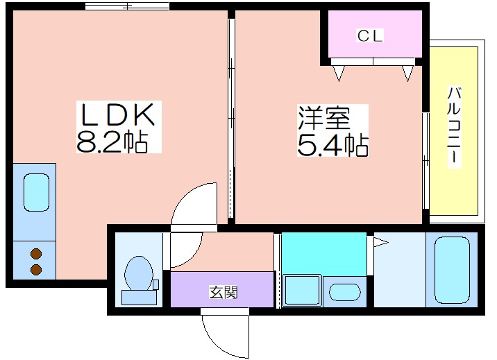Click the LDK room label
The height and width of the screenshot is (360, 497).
[x=118, y=114]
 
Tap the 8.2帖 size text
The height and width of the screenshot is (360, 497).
[x=112, y=142]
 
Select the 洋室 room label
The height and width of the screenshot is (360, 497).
[x=324, y=118]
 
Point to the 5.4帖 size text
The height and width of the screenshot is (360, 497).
[x=332, y=146]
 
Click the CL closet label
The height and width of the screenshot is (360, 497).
[x=370, y=35]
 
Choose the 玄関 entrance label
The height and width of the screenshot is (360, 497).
[x=223, y=292]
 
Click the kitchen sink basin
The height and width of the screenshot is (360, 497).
[x=37, y=192]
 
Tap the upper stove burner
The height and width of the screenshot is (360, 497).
[x=36, y=254]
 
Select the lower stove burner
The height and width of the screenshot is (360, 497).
[x=36, y=269]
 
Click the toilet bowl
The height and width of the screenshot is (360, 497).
[x=139, y=273]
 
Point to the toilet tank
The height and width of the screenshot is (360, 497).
[x=139, y=298]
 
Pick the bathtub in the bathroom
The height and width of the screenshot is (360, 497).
[x=452, y=270]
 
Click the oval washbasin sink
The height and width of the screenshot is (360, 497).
[x=345, y=292]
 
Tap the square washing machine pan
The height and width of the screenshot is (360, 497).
[x=302, y=291]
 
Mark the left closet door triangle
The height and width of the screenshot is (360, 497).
[x=339, y=73]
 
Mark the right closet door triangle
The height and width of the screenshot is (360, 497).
[x=408, y=73]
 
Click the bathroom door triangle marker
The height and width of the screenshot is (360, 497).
[x=380, y=243]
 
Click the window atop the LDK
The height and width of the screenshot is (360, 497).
[x=127, y=6]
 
